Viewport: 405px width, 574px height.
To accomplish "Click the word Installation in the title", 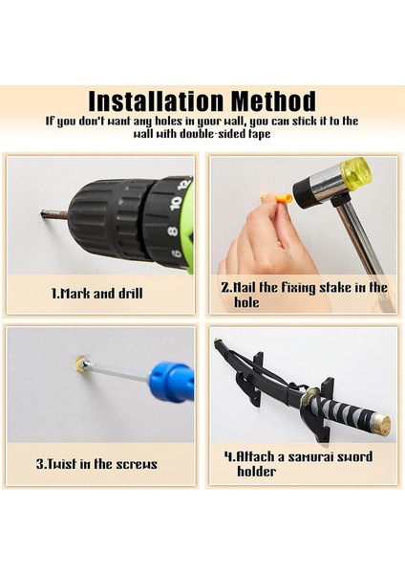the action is [x=156, y=100].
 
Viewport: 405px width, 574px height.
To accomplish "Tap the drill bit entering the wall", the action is [x=54, y=214].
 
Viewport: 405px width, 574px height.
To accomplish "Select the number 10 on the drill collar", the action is [x=176, y=203].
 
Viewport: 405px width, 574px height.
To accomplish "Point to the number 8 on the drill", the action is [x=173, y=232].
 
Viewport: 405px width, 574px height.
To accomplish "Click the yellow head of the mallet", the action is [x=355, y=173].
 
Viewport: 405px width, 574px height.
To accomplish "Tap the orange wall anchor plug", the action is [x=281, y=200].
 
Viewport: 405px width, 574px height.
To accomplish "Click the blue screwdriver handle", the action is [x=171, y=382].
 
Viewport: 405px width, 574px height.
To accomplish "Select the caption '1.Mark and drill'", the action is [x=96, y=294].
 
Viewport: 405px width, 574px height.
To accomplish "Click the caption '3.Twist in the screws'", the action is [x=96, y=464].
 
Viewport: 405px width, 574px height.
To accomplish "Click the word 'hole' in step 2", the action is [x=246, y=302].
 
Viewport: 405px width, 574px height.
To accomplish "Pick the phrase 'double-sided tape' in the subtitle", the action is [x=221, y=134].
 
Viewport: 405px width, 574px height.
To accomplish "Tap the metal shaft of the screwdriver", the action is [x=117, y=372].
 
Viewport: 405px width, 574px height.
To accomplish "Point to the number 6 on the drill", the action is [x=176, y=253].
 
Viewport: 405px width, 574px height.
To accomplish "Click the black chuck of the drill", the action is [x=110, y=220].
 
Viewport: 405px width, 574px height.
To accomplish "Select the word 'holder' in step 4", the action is [x=256, y=472].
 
